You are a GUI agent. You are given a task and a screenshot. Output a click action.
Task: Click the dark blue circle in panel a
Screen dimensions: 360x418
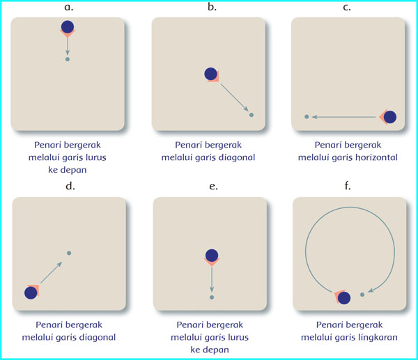tap(67, 27)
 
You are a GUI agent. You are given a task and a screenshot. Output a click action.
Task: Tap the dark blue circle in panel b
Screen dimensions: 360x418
tap(211, 74)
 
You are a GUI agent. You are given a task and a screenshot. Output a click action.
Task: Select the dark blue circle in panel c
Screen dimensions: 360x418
tap(389, 117)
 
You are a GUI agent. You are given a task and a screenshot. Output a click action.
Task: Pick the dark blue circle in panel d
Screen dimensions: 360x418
tap(31, 292)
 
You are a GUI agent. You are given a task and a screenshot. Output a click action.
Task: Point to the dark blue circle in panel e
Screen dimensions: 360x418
tap(212, 256)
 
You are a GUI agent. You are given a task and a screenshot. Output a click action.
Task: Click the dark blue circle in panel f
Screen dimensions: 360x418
tap(343, 299)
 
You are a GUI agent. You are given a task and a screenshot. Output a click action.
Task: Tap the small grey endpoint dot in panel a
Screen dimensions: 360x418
tap(67, 60)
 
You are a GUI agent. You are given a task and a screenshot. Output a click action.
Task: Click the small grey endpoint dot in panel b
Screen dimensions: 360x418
tap(251, 115)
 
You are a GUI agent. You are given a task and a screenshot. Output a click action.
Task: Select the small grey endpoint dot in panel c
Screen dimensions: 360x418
tap(307, 117)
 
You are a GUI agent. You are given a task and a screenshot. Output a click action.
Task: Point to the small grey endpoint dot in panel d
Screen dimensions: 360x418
tap(68, 253)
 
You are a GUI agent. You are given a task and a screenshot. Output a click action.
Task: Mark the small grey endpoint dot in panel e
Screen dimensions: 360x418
tap(212, 297)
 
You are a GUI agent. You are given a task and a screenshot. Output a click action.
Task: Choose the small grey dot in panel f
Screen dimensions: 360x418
tap(362, 295)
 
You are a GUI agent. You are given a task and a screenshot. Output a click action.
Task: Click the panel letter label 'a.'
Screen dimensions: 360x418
tap(68, 8)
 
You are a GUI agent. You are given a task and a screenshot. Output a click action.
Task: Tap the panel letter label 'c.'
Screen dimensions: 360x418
tap(347, 8)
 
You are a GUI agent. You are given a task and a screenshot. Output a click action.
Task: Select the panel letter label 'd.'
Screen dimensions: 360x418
tap(69, 186)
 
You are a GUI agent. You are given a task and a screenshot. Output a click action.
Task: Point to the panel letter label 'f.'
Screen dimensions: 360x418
tap(348, 186)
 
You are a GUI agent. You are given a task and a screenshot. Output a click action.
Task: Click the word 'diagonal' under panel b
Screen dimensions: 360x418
tap(233, 157)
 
